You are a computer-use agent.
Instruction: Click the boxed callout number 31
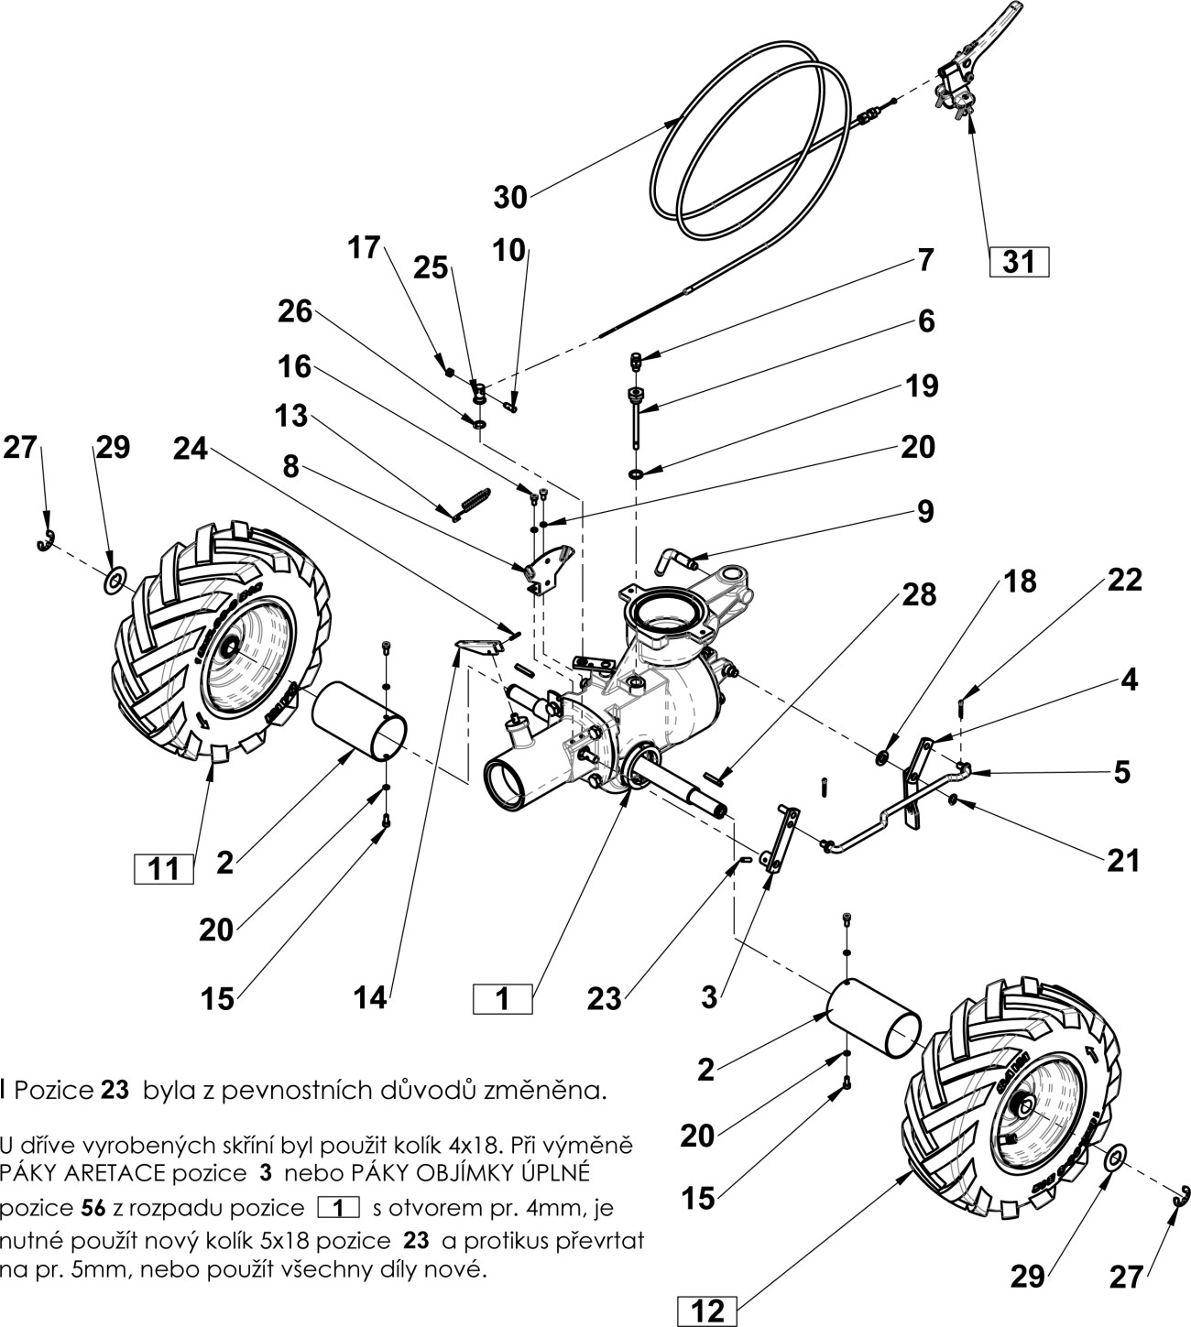coord(1018,263)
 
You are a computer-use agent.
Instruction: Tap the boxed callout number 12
coord(707,1311)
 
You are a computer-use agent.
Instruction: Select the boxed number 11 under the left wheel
coord(164,868)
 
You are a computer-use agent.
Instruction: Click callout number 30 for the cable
coord(510,197)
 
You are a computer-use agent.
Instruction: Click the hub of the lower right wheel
coord(1017,1109)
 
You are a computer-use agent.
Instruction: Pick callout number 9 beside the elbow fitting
coord(924,511)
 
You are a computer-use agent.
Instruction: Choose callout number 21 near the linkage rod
coord(1122,861)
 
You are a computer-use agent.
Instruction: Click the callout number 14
coord(370,998)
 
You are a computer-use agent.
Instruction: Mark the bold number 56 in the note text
coord(93,1201)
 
